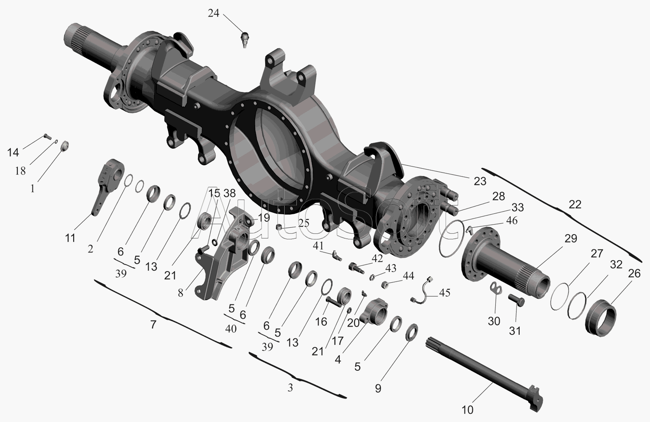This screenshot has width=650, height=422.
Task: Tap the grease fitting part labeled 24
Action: (245, 40)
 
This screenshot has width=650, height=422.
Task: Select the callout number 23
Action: (480, 181)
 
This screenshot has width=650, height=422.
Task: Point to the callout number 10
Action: (467, 410)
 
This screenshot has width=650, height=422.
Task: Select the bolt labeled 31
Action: (517, 300)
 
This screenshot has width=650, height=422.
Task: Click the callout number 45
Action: (445, 293)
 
